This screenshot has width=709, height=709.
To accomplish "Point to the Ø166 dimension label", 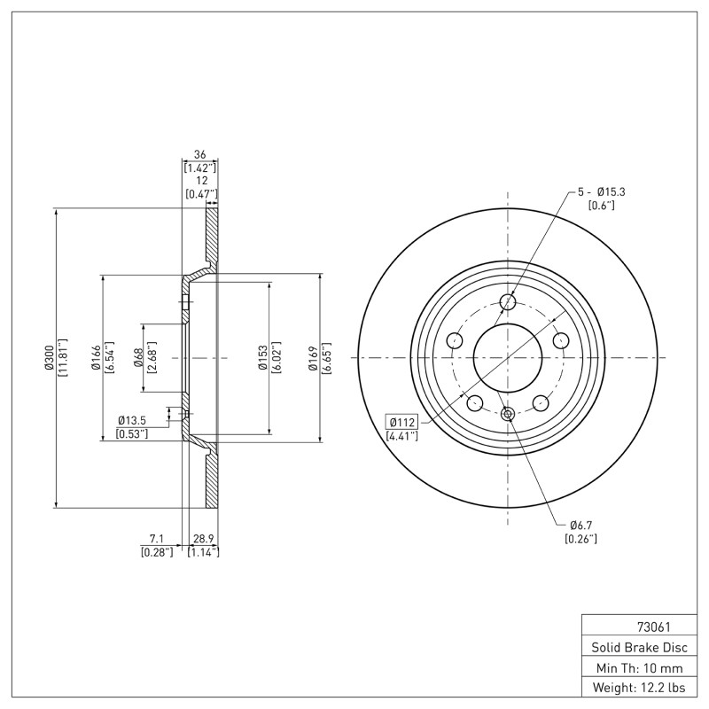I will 97,358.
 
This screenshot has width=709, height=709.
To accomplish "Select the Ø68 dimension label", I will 139,358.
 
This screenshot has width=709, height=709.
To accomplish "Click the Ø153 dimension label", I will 263,358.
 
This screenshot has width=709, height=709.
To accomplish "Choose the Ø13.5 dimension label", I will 132,421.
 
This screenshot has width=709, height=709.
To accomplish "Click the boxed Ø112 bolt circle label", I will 402,421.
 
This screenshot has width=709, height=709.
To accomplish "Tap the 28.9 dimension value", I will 204,539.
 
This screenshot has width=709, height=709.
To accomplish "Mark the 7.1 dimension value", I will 156,539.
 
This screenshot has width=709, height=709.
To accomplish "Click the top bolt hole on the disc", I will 508,302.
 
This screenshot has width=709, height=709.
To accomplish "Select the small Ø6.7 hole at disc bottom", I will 508,414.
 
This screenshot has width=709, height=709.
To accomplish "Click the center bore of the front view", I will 508,358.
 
